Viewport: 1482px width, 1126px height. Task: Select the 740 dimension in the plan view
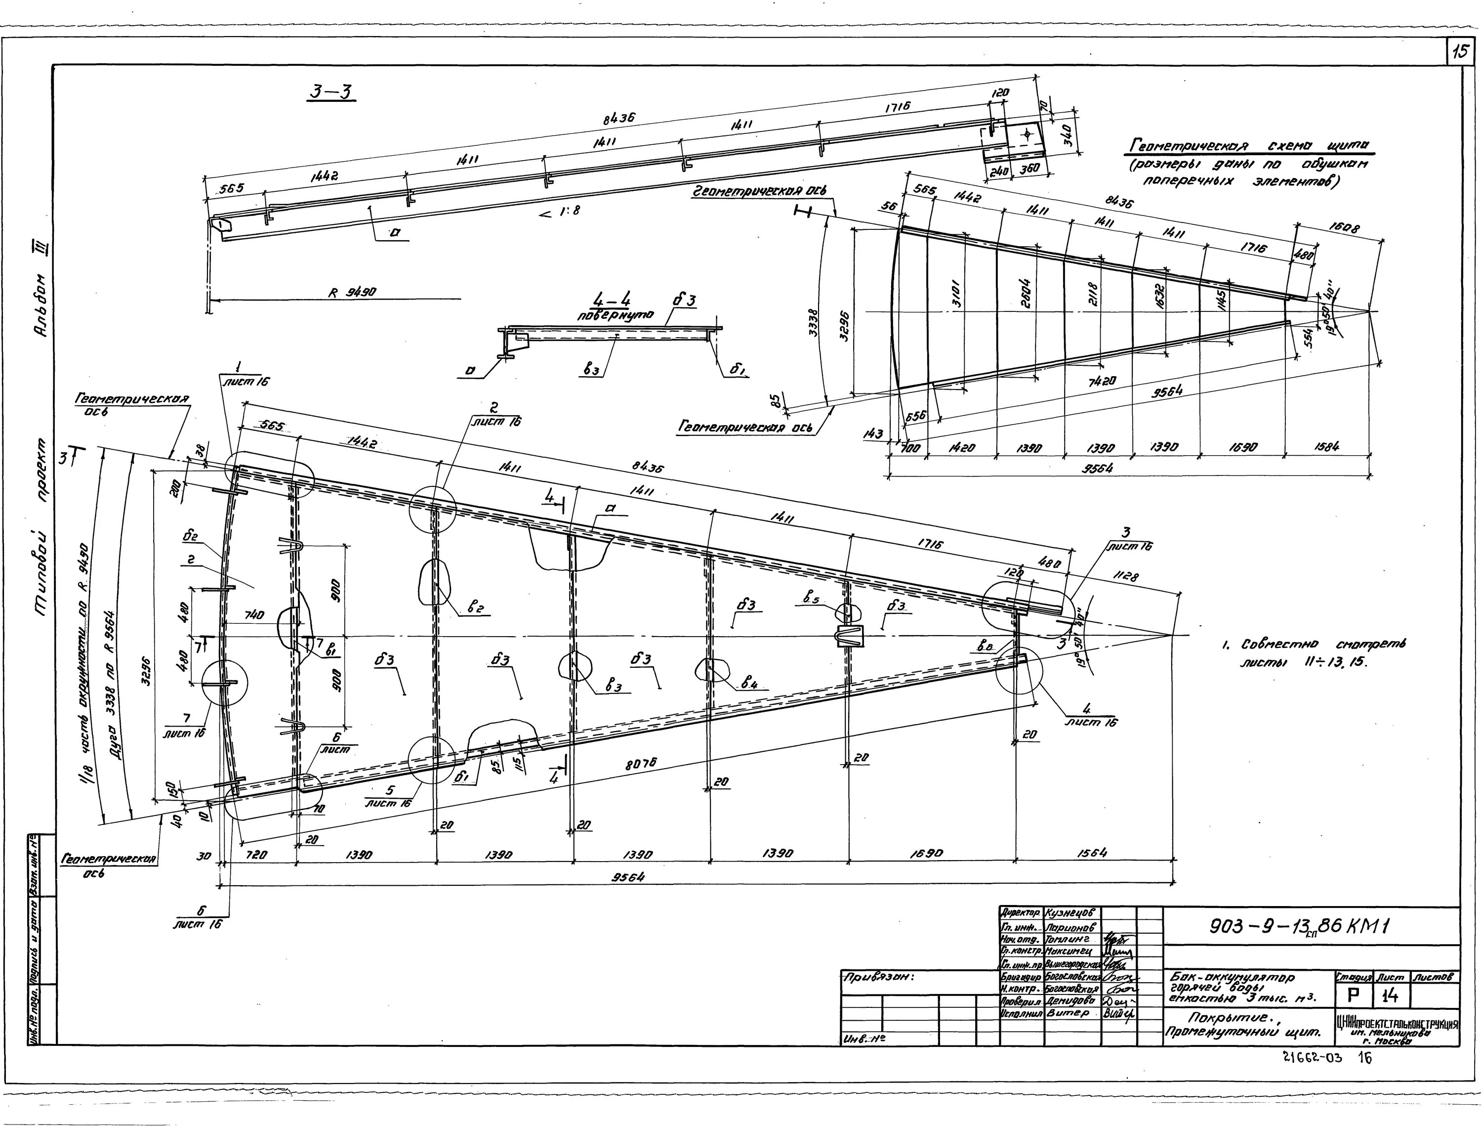254,614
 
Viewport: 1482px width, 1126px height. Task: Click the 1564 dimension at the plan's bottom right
1092,853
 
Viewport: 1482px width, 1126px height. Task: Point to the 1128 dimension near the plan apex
1125,574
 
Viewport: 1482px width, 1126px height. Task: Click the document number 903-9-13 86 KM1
1300,927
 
